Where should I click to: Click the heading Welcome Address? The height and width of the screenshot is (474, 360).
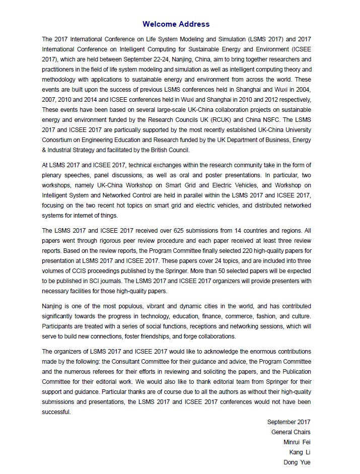pos(176,24)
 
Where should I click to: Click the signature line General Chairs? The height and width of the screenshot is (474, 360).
pos(291,432)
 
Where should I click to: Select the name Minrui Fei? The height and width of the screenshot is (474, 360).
pos(297,442)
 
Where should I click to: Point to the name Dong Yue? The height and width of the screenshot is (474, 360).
pos(297,462)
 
